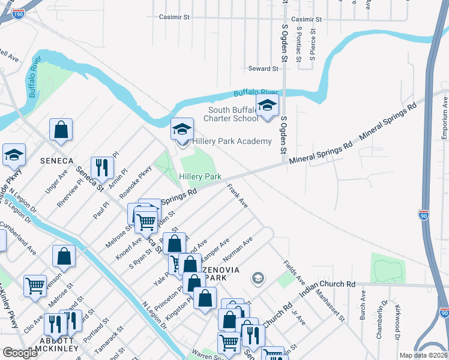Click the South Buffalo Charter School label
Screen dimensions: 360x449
point(233,114)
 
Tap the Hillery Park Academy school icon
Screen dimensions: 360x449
point(182,128)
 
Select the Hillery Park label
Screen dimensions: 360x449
point(200,177)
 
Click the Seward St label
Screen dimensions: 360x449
point(264,69)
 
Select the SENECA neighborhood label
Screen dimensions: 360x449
point(56,161)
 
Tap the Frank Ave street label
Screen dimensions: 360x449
point(237,196)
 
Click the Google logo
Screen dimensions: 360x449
point(19,353)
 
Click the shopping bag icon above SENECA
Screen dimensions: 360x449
point(61,129)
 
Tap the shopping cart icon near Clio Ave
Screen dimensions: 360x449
point(35,286)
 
